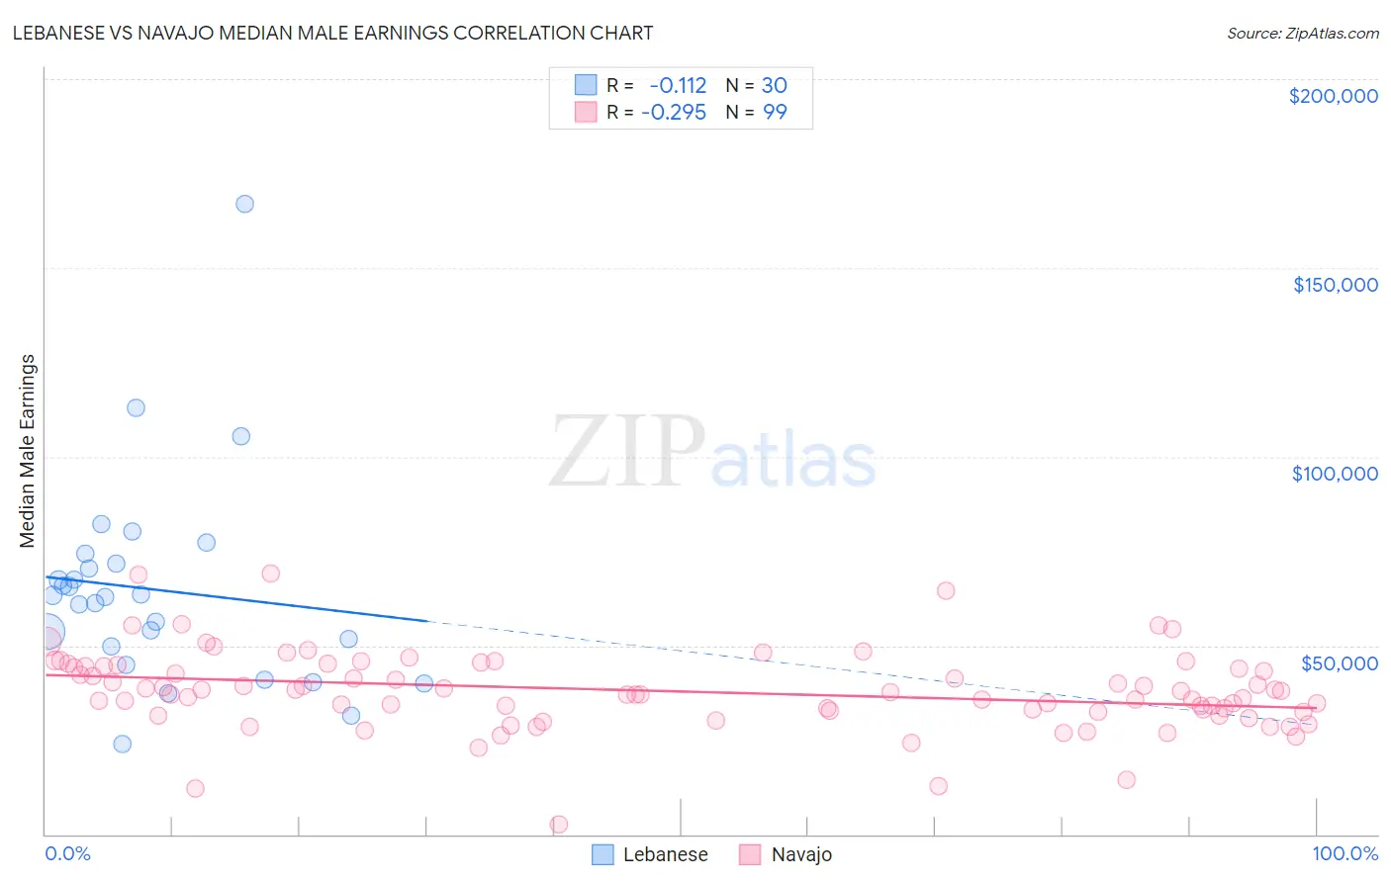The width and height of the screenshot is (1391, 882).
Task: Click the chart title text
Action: (x=332, y=33)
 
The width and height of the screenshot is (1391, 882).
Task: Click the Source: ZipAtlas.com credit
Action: (x=1302, y=33)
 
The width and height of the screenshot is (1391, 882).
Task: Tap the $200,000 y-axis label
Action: (x=1333, y=96)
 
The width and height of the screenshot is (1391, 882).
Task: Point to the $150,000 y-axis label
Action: (x=1335, y=285)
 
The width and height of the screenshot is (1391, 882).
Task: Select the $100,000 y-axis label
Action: (x=1335, y=474)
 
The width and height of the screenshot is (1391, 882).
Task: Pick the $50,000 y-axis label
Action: (x=1339, y=662)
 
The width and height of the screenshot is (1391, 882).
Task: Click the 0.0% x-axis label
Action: (x=67, y=853)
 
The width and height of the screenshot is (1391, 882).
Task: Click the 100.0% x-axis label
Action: (x=1345, y=853)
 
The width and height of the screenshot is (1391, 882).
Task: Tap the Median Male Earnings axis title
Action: (x=28, y=450)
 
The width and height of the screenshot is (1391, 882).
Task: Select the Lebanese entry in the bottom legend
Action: (x=665, y=854)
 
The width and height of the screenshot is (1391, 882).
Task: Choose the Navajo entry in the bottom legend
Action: (x=801, y=854)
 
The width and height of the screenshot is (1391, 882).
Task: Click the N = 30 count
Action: (x=757, y=86)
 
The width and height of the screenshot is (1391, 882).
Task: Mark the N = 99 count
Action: (x=757, y=112)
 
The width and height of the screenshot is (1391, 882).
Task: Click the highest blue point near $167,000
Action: (x=244, y=204)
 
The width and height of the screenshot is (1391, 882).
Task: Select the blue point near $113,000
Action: (x=136, y=407)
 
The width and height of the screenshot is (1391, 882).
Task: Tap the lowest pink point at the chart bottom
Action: (x=558, y=825)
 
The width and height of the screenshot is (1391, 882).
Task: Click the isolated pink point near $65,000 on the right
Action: (x=946, y=590)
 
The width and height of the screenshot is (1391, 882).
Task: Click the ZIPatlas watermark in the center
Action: (x=712, y=453)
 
